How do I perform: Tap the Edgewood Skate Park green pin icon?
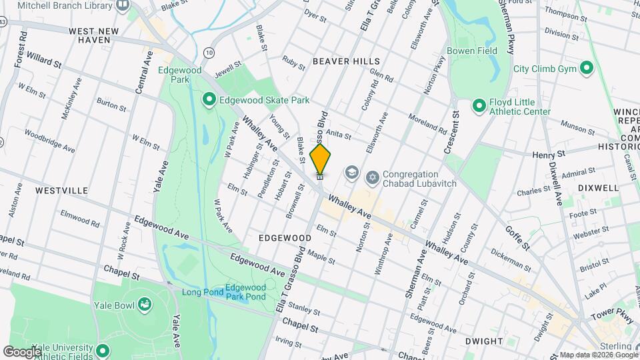coord(209,101)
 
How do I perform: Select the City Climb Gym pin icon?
coord(587,69)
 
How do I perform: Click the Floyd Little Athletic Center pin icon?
coord(479,106)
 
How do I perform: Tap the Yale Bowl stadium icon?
coord(143,305)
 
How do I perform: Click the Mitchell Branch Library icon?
coord(122,5)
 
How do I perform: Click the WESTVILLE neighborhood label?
coord(62,191)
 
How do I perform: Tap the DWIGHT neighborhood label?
coord(484,341)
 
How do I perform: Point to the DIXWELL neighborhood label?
coord(599,188)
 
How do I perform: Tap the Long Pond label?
coord(201,291)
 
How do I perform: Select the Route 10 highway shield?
coord(210,52)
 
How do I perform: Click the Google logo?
coord(22,351)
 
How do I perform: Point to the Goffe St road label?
coord(517,237)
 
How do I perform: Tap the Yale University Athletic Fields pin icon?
coord(102,350)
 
